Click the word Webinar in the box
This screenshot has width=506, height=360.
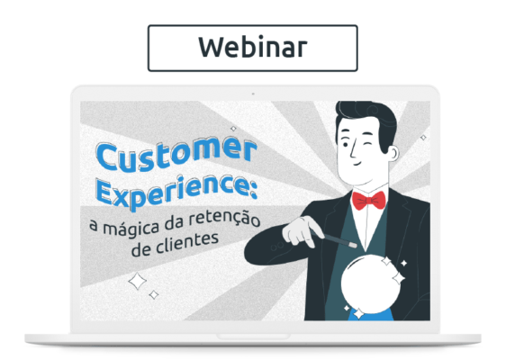(x=252, y=48)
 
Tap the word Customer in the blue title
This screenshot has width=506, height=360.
(x=176, y=155)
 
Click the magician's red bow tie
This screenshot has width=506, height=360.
(x=369, y=201)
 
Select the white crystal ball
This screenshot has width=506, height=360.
(x=372, y=283)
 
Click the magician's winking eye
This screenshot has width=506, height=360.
(x=366, y=143)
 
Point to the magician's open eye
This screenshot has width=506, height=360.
(x=346, y=145)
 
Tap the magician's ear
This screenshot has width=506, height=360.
(x=393, y=154)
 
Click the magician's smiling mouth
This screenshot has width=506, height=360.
(x=358, y=163)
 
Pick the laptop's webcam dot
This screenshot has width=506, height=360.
(x=253, y=94)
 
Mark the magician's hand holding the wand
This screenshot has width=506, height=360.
(x=301, y=231)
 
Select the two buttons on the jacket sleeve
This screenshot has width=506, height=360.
(x=277, y=247)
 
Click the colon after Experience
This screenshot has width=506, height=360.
(x=253, y=189)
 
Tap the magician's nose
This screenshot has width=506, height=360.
(x=353, y=150)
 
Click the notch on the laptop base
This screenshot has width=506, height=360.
(x=253, y=337)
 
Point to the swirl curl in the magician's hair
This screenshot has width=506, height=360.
(x=373, y=109)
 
